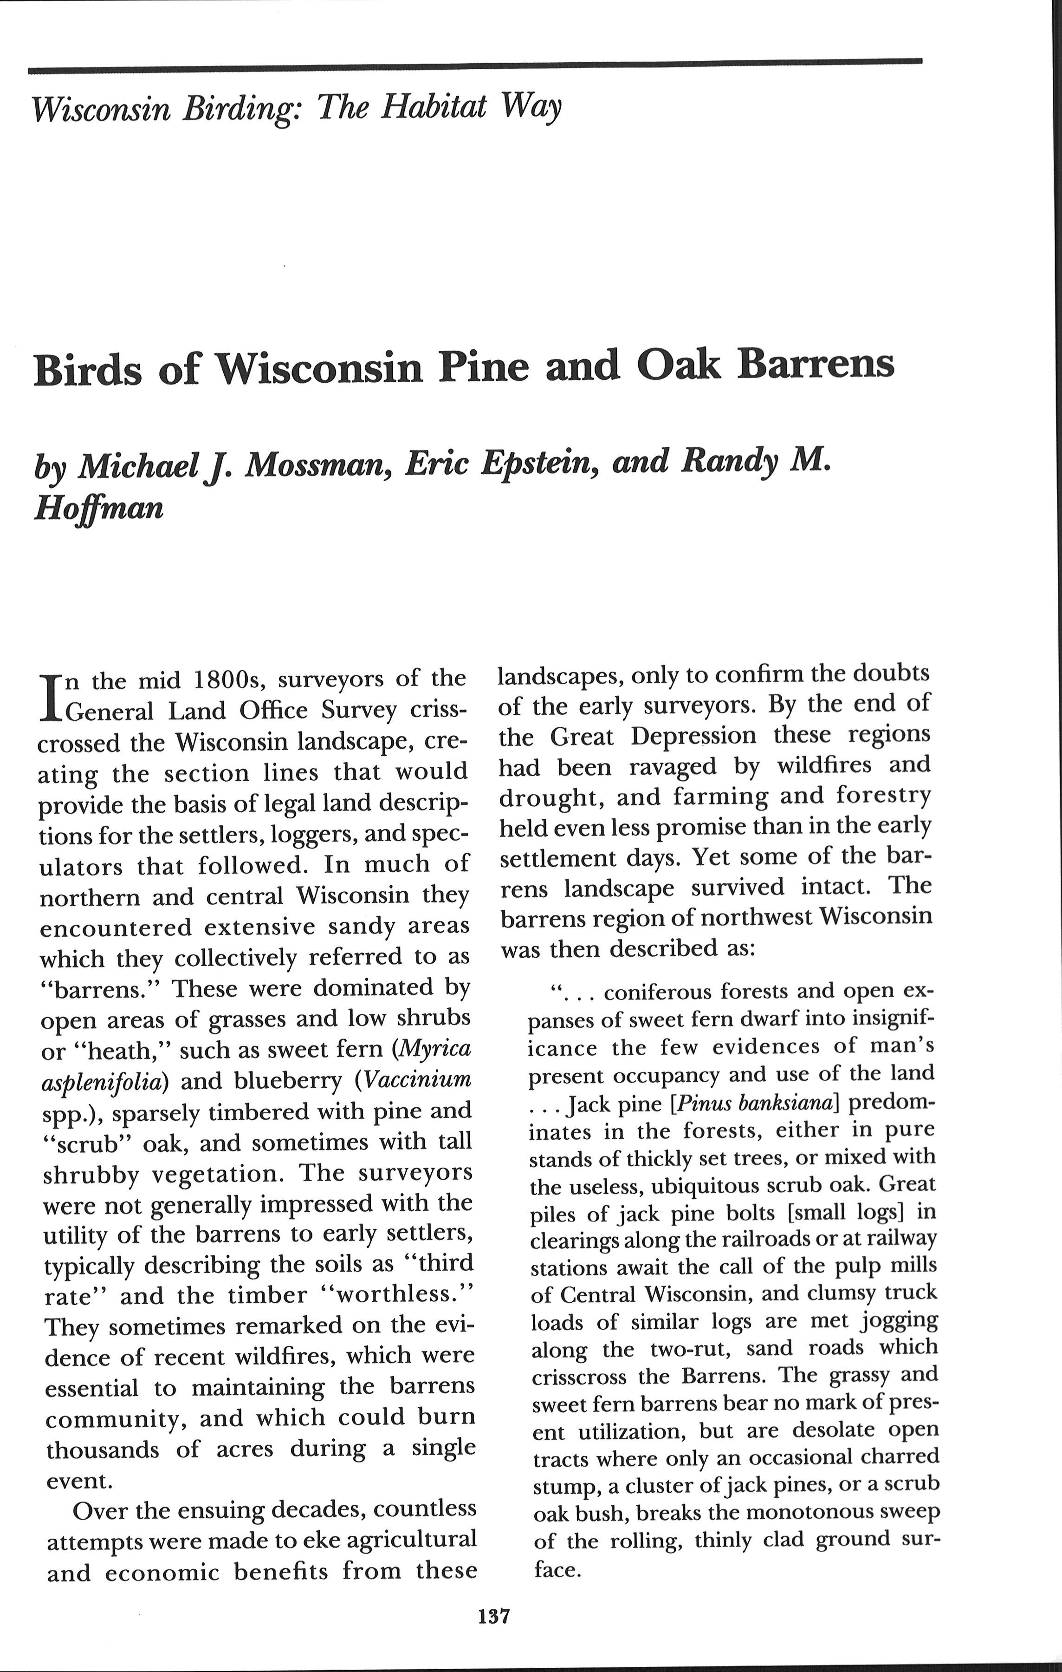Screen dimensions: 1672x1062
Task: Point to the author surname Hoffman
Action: tap(98, 508)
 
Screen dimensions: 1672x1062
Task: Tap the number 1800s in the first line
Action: tap(226, 680)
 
